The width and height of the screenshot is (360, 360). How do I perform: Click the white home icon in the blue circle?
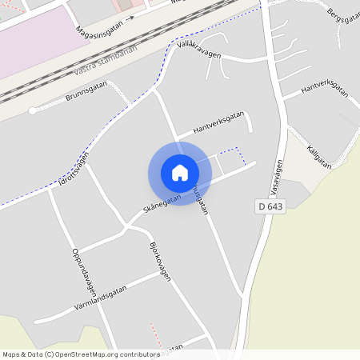(180, 173)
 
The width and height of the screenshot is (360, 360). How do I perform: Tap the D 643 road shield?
(271, 206)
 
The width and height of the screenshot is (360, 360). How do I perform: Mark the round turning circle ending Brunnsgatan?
(32, 111)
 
